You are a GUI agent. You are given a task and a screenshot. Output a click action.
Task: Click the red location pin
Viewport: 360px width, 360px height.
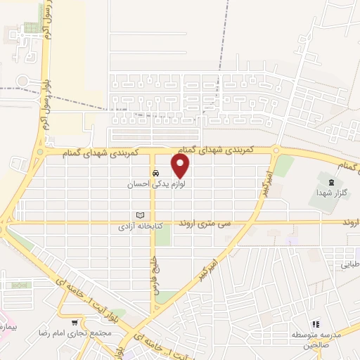point(181,166)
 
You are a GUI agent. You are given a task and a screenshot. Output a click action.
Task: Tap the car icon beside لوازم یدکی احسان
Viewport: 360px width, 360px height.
point(155,174)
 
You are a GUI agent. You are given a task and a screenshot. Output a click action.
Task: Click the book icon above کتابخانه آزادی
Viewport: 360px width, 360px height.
point(140,215)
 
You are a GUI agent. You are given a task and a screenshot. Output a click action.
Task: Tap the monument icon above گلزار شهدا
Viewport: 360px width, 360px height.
point(330,183)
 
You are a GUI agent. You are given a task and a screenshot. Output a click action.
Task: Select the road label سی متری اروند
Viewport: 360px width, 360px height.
point(205,223)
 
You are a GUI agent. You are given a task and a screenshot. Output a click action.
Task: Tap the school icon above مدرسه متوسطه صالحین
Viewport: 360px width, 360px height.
point(316,323)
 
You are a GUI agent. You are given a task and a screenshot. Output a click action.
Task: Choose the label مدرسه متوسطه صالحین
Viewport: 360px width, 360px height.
point(316,340)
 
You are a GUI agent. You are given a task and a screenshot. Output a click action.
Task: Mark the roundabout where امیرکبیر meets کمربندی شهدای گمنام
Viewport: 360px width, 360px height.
point(276,150)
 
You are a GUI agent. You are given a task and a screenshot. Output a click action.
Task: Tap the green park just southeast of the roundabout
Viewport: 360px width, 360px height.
point(284,166)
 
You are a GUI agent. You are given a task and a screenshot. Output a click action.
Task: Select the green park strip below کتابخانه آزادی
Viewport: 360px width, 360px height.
point(162,237)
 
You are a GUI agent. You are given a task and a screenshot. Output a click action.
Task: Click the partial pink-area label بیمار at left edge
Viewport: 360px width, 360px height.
point(6,328)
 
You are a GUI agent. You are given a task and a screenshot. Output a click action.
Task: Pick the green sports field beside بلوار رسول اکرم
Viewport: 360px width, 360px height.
point(32,28)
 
